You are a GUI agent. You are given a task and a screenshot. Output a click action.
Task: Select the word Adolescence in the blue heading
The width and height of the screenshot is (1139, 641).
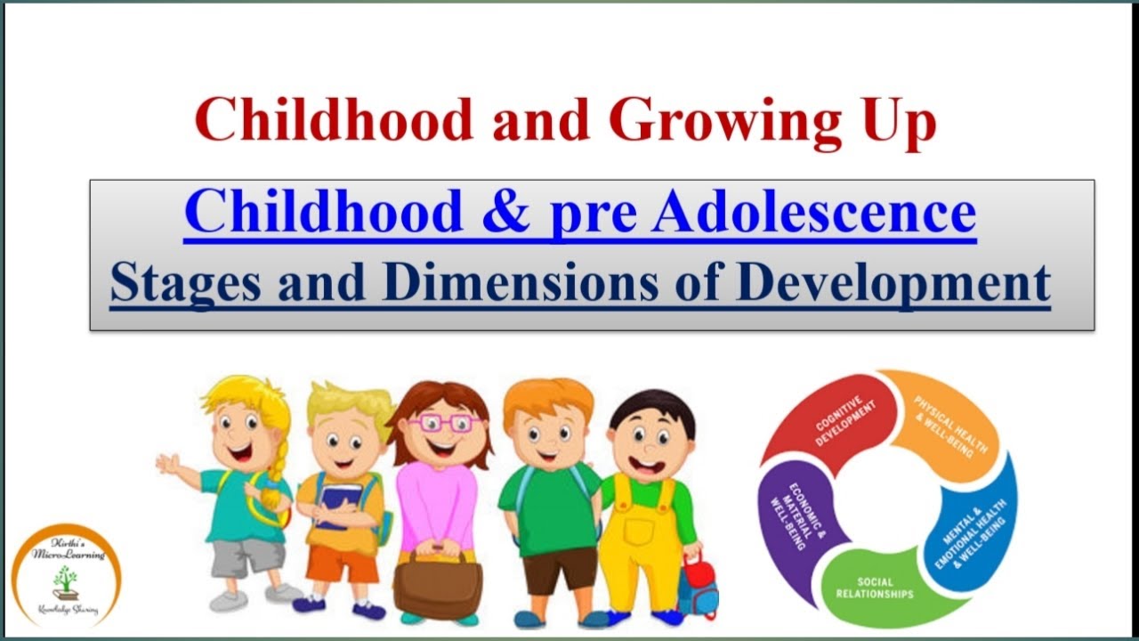(813, 212)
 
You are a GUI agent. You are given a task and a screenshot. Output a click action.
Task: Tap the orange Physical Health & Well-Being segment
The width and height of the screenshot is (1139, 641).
(948, 423)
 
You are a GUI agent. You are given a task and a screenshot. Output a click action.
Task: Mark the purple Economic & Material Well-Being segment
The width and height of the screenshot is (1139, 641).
(794, 521)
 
